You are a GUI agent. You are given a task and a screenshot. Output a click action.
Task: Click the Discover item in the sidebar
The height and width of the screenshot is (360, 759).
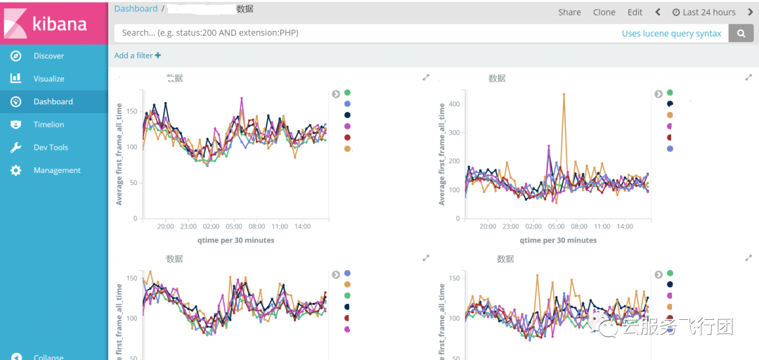pyautogui.click(x=48, y=56)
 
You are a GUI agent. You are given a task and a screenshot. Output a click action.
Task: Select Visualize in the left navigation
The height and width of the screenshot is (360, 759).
pyautogui.click(x=48, y=79)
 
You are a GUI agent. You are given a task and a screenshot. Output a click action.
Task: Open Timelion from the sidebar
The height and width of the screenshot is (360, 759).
pyautogui.click(x=48, y=124)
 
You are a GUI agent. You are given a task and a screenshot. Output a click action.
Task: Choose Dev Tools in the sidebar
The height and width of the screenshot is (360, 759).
pyautogui.click(x=51, y=148)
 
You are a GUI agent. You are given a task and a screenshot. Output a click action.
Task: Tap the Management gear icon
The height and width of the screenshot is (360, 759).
pyautogui.click(x=15, y=170)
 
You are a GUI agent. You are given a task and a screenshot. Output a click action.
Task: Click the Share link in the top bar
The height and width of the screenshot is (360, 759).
pyautogui.click(x=569, y=12)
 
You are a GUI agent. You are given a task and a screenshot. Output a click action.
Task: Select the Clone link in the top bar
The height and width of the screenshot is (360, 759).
pyautogui.click(x=604, y=12)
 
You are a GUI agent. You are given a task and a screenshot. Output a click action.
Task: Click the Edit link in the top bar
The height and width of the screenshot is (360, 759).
pyautogui.click(x=635, y=12)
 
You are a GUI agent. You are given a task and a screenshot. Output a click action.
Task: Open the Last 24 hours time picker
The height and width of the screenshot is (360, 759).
pyautogui.click(x=704, y=12)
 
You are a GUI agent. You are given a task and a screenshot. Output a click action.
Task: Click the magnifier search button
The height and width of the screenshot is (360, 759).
pyautogui.click(x=740, y=33)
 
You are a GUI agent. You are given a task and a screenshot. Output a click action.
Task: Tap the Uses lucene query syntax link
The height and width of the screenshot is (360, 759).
pyautogui.click(x=671, y=33)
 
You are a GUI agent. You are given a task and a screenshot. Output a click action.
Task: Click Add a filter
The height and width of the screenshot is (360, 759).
pyautogui.click(x=138, y=56)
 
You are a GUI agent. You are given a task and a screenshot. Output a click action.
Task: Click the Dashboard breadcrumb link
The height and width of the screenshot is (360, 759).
pyautogui.click(x=136, y=8)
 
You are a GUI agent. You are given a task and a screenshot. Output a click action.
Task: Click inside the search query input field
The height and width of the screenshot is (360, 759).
pyautogui.click(x=351, y=33)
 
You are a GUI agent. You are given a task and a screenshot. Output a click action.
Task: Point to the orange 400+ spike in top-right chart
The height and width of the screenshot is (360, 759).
pyautogui.click(x=564, y=94)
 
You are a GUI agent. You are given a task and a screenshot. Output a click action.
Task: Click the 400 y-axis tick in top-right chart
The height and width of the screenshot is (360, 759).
pyautogui.click(x=453, y=104)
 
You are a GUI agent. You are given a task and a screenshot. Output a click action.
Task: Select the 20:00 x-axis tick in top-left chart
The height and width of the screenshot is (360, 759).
pyautogui.click(x=165, y=227)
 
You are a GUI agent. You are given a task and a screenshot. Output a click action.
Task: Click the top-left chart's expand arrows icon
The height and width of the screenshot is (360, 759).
pyautogui.click(x=426, y=77)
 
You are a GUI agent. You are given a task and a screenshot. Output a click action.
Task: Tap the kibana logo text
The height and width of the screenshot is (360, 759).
pyautogui.click(x=60, y=24)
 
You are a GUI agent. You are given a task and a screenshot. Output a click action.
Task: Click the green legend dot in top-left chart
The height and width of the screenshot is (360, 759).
pyautogui.click(x=347, y=92)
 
